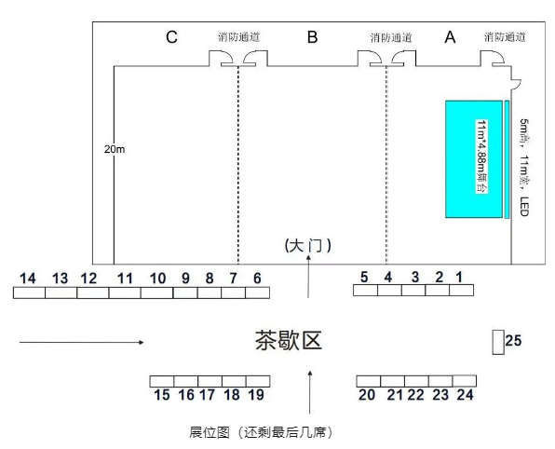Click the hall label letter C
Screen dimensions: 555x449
click(x=171, y=37)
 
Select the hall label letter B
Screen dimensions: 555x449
click(x=312, y=37)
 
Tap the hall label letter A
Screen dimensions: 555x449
click(x=450, y=37)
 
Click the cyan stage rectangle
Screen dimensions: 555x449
click(x=474, y=159)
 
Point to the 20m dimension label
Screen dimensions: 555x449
click(x=115, y=149)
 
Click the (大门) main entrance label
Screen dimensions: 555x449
click(x=308, y=245)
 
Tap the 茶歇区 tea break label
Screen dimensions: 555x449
click(x=289, y=341)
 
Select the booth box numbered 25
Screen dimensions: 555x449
click(x=498, y=342)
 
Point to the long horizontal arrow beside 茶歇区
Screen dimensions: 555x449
click(x=81, y=342)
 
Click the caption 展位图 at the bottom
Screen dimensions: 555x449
click(x=210, y=432)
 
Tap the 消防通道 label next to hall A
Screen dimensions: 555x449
click(x=505, y=37)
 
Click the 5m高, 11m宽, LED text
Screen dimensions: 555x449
click(x=524, y=168)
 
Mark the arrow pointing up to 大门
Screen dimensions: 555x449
click(x=308, y=277)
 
